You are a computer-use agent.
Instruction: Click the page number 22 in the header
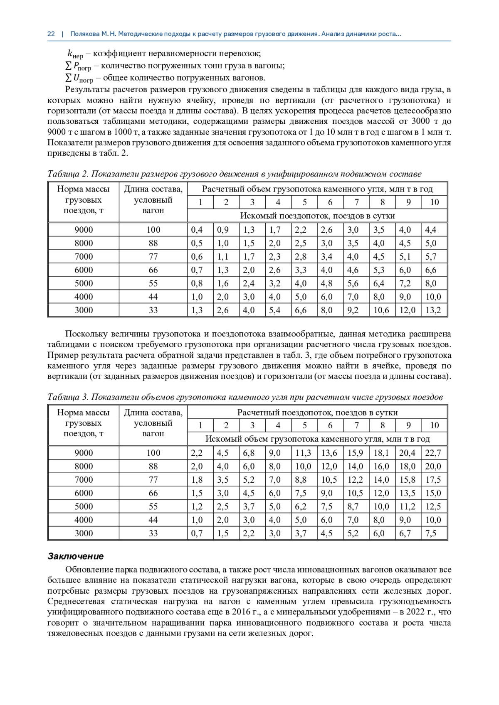[x=51, y=34]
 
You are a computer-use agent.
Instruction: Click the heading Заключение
[x=75, y=556]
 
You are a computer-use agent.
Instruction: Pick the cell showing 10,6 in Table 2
[x=381, y=310]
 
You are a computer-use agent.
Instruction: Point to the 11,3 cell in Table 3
[x=303, y=453]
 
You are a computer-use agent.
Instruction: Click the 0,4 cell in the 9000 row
[x=197, y=230]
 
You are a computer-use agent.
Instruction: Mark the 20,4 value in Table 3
[x=407, y=453]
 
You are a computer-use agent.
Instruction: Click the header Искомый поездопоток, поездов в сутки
[x=317, y=216]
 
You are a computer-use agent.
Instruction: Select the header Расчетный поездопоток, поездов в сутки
[x=317, y=413]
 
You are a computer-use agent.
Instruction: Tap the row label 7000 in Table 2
[x=84, y=257]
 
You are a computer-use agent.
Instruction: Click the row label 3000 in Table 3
[x=84, y=533]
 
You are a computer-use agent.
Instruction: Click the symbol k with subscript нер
[x=75, y=54]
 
